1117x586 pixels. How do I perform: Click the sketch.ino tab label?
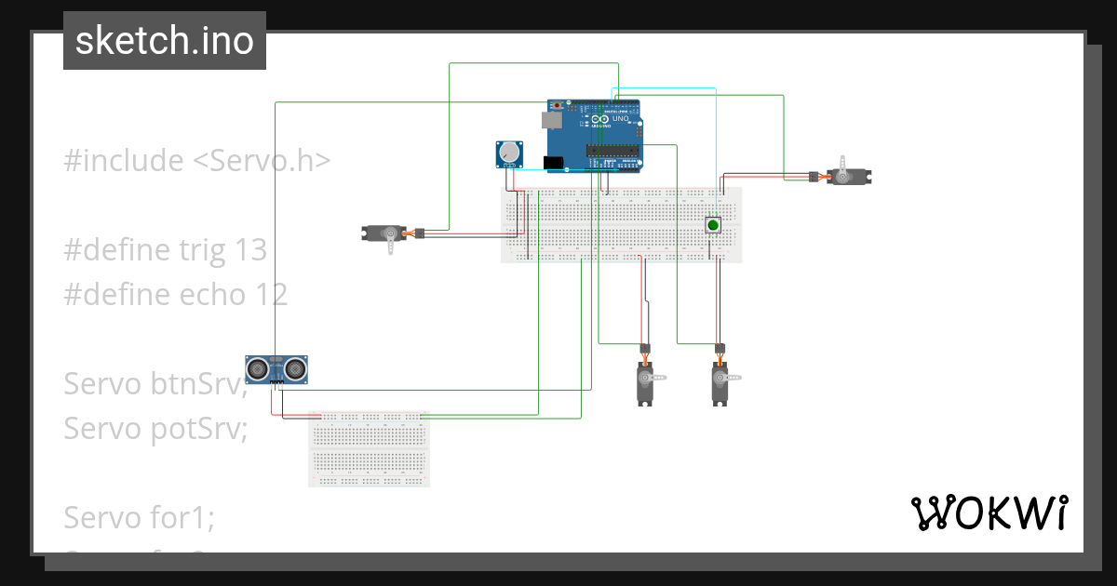[164, 41]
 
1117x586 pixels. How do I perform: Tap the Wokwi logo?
[988, 513]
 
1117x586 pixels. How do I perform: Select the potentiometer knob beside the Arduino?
[509, 153]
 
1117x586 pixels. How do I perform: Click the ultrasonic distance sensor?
[276, 369]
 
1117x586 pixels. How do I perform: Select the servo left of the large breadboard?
[384, 233]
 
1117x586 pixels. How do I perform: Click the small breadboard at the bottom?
[369, 449]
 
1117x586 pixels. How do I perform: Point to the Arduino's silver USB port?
[551, 119]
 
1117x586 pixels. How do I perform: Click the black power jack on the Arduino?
[554, 164]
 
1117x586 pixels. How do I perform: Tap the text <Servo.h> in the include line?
[262, 161]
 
